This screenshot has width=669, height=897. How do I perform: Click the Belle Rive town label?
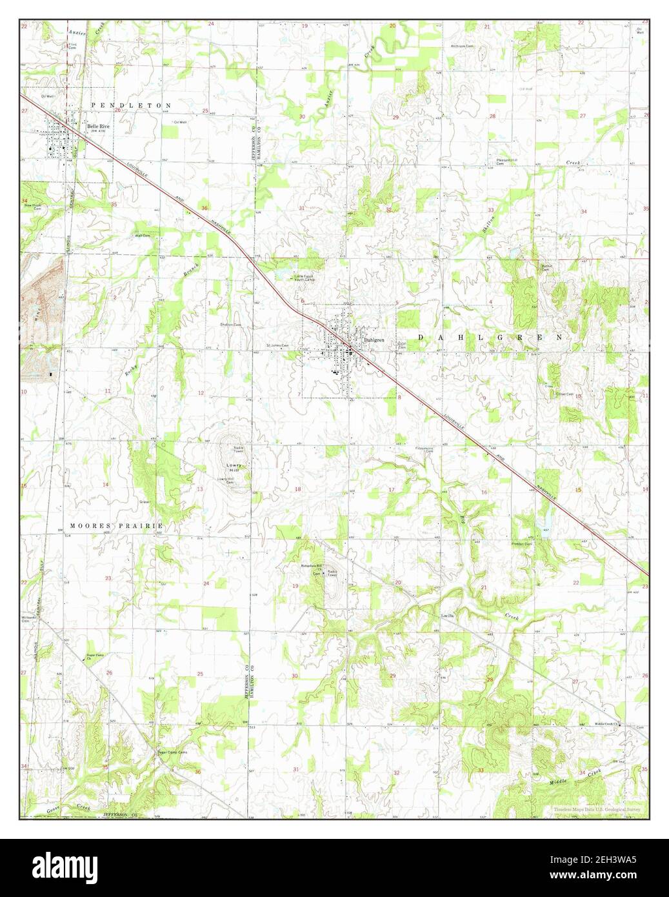(99, 126)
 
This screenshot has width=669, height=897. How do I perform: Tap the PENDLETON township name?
(132, 105)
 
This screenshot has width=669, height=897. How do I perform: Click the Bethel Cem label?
(547, 268)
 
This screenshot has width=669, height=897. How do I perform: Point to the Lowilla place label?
(448, 615)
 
